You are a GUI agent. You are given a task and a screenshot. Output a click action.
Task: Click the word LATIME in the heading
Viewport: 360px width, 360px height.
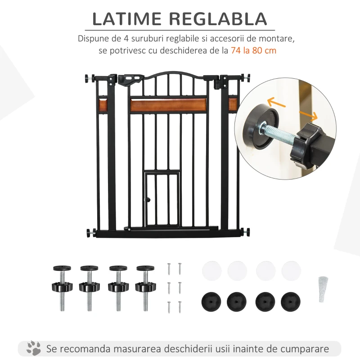[127, 19]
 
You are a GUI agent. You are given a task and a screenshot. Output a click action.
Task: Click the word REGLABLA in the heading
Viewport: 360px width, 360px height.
[218, 19]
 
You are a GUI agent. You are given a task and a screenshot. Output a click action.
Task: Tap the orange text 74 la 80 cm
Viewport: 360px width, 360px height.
[253, 50]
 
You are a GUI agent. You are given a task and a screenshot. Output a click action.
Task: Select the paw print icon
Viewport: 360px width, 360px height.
[33, 348]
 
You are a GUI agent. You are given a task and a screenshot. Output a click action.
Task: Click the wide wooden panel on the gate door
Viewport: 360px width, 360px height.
[168, 105]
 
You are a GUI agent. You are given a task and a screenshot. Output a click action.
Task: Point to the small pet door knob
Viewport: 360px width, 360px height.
[148, 200]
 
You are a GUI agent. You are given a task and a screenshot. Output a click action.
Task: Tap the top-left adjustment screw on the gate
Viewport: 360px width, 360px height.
[90, 78]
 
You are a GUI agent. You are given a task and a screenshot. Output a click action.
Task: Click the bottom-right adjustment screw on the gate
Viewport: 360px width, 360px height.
[245, 232]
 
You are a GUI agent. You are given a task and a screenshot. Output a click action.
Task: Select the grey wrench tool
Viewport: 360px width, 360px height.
[323, 289]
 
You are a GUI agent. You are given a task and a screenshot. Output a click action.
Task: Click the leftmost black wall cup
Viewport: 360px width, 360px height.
[211, 302]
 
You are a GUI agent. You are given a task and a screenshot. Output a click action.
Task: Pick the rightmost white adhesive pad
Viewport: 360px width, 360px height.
[291, 271]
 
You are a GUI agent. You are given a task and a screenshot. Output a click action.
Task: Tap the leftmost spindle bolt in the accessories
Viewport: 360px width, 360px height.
[62, 288]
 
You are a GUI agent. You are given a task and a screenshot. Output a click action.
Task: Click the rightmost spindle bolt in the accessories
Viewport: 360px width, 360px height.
[145, 288]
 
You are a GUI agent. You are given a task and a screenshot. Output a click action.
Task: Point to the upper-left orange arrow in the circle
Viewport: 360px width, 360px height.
[276, 103]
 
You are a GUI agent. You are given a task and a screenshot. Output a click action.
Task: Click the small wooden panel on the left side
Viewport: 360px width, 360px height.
[103, 105]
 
